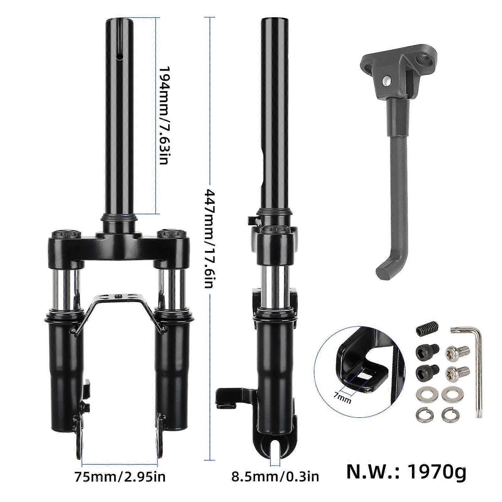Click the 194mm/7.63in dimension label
[x=164, y=120]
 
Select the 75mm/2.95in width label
[x=120, y=477]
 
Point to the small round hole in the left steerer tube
[x=119, y=56]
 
